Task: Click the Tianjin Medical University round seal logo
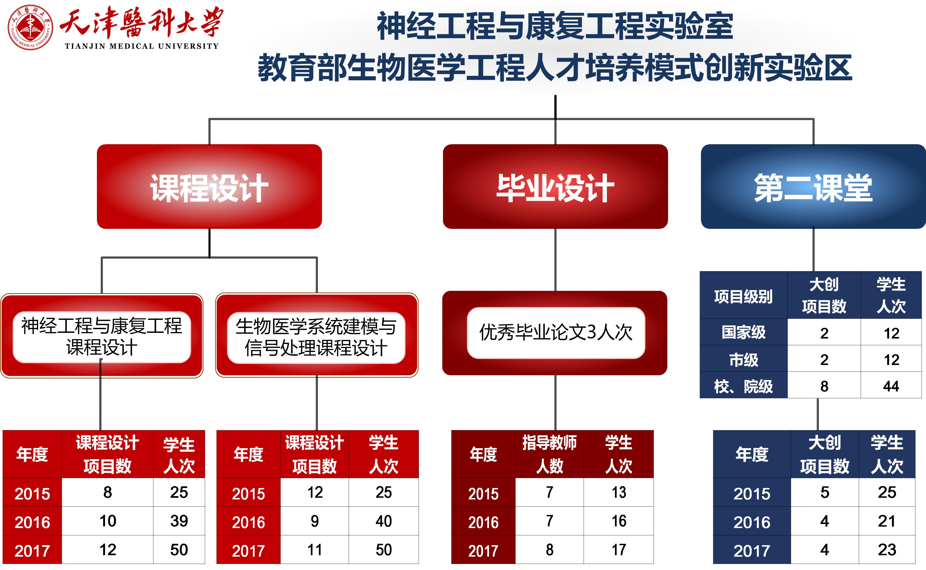[x=30, y=27]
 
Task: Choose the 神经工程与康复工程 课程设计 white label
[x=102, y=337]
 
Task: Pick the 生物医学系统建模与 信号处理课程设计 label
[x=316, y=337]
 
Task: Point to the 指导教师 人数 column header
[x=549, y=454]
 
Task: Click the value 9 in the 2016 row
[x=315, y=521]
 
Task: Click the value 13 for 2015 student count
[x=619, y=492]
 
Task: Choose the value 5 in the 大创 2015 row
[x=825, y=492]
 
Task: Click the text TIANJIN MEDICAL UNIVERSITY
[x=142, y=46]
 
